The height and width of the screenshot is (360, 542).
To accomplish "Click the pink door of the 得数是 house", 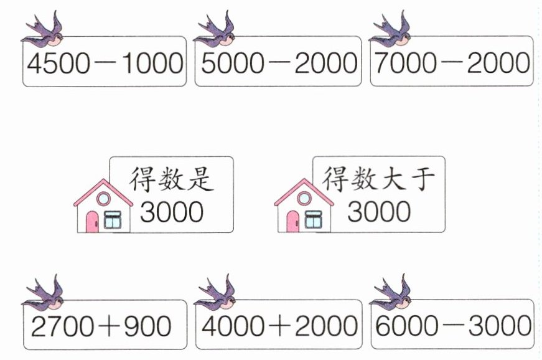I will click(x=92, y=222).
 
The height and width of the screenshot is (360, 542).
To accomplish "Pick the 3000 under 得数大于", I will click(x=378, y=212).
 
